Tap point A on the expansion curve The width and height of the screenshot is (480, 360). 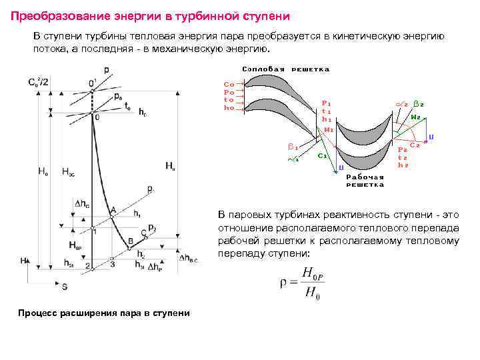coord(113,210)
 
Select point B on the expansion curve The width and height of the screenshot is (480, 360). coord(131,239)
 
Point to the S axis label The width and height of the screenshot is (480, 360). coord(65,286)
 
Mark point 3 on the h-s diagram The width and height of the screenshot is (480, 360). coord(113,264)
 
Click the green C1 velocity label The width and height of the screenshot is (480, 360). coord(321,155)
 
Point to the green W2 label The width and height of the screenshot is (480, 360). coord(415,117)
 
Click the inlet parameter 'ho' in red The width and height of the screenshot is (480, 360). coord(229,108)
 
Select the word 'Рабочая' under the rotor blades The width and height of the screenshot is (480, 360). coord(365,177)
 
